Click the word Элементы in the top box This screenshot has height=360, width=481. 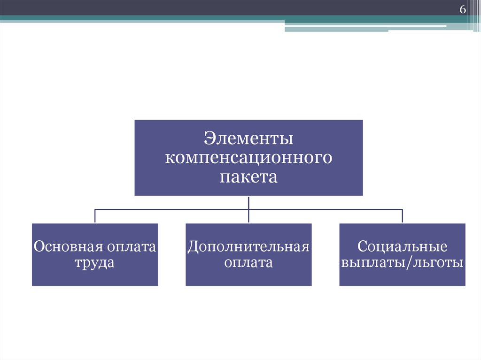pos(248,139)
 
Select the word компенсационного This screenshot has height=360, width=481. pos(248,158)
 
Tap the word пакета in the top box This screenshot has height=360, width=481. pos(248,177)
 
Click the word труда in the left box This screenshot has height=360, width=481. pos(94,262)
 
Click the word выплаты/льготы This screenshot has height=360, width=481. pos(402,262)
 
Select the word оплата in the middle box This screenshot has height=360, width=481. pos(248,262)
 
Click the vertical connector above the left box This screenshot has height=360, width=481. pos(95,216)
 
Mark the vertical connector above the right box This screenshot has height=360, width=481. pos(402,216)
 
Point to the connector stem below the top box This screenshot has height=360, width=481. pos(248,202)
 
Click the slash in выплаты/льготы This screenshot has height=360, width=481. pos(412,262)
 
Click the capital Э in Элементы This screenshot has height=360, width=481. pos(209,139)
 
